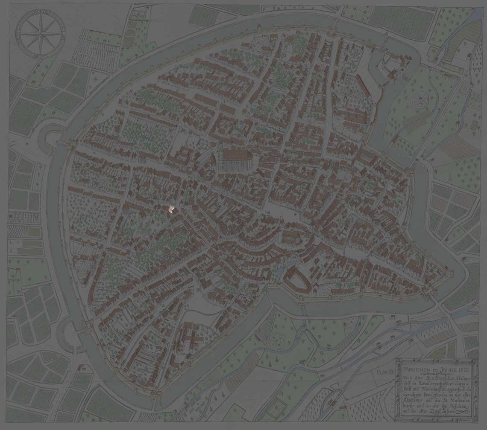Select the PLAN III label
[385, 372]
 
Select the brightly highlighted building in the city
[171, 208]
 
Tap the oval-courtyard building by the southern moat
[296, 279]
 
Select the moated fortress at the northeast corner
[391, 66]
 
